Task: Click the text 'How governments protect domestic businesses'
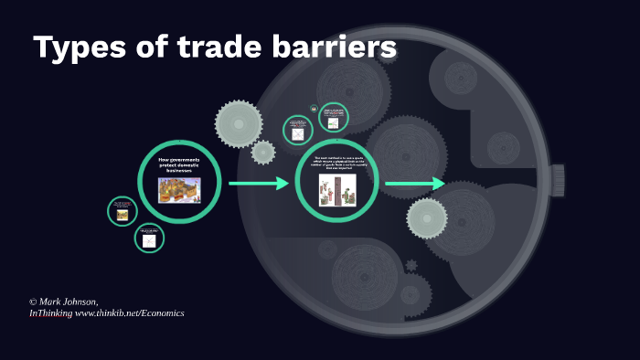(x=179, y=165)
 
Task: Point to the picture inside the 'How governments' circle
(x=179, y=189)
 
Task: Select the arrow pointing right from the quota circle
(x=414, y=184)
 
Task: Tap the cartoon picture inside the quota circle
(x=337, y=190)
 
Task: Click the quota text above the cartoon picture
(x=337, y=164)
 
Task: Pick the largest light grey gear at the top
(x=239, y=123)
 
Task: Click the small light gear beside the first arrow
(x=263, y=153)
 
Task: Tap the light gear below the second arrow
(x=427, y=218)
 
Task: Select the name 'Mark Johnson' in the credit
(x=69, y=302)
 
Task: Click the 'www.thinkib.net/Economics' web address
(x=130, y=313)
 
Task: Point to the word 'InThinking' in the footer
(x=50, y=313)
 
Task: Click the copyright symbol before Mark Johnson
(x=33, y=302)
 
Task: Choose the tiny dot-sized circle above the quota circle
(x=315, y=109)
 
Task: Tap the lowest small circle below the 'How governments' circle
(x=149, y=239)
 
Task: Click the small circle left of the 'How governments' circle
(x=122, y=210)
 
